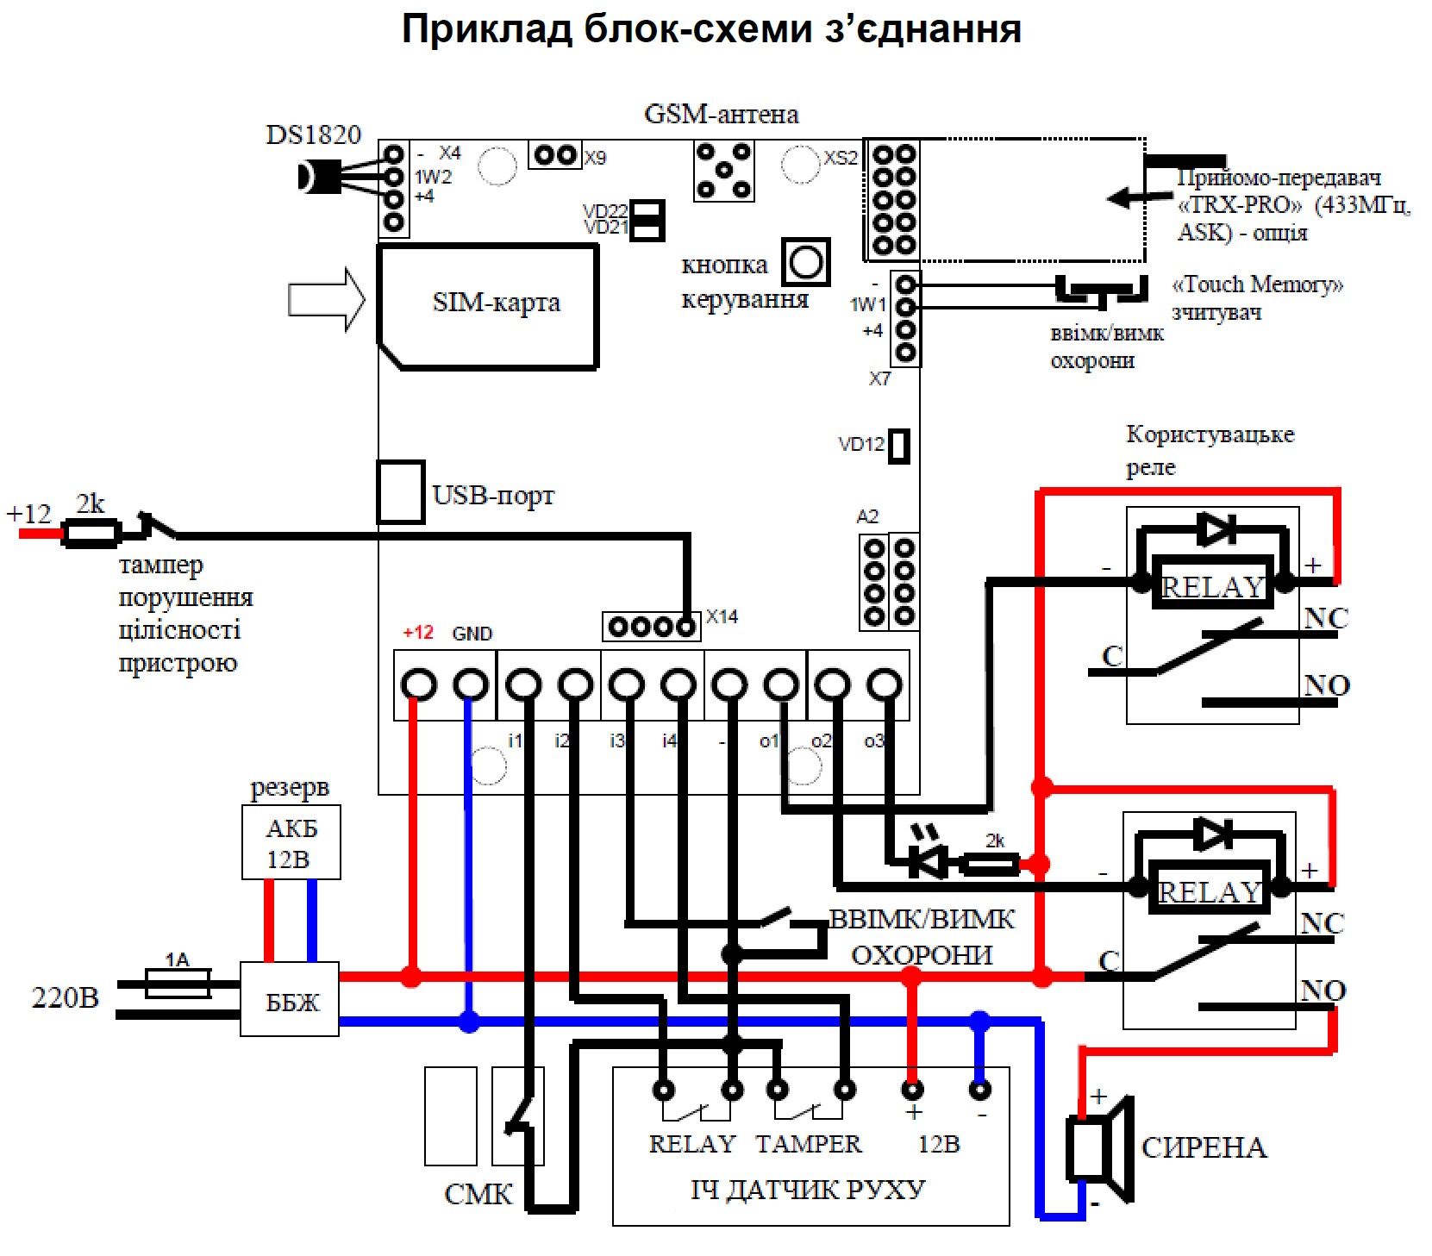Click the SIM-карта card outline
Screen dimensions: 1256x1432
[x=488, y=306]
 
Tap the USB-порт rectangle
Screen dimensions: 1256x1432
[x=401, y=492]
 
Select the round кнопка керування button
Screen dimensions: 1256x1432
[x=806, y=262]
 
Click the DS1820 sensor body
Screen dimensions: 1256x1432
[x=315, y=178]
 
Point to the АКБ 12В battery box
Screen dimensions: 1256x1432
[x=291, y=843]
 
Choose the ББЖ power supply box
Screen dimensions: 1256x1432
[x=290, y=1000]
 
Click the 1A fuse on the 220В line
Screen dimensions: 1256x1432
[x=178, y=983]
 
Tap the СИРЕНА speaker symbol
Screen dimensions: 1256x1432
[x=1100, y=1149]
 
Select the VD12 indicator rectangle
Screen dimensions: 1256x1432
[x=899, y=446]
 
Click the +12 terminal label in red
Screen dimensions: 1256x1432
[x=418, y=633]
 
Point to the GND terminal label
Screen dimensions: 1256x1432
[x=472, y=634]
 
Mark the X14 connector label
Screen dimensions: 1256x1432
[x=722, y=617]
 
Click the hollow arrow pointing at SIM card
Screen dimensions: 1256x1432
[x=326, y=300]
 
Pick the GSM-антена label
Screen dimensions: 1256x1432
[x=721, y=115]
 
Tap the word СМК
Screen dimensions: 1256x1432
[x=478, y=1195]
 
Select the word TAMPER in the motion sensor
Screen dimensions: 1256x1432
[x=808, y=1144]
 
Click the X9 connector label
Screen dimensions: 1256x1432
[x=595, y=159]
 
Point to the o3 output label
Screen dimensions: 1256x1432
[x=873, y=741]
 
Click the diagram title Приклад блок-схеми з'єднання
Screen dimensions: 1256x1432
[x=711, y=29]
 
